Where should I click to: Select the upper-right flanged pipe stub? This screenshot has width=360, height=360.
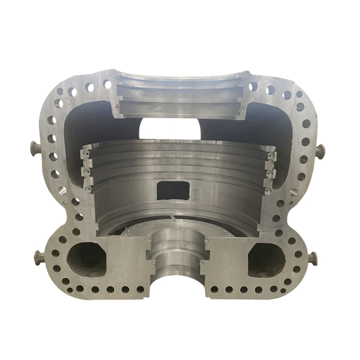(320, 151)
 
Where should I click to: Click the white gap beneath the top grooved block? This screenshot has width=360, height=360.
(170, 128)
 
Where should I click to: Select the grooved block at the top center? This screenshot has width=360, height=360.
(179, 96)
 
